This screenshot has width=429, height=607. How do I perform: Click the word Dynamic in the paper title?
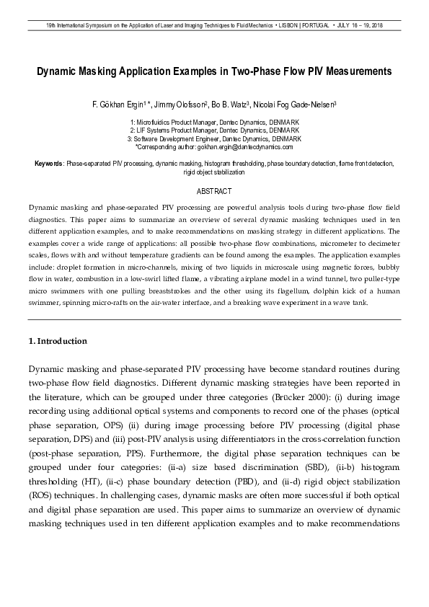(61, 72)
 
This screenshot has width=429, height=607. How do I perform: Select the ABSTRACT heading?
(214, 191)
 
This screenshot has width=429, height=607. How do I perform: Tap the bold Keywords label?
(49, 164)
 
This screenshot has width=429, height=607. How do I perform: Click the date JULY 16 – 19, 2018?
(358, 25)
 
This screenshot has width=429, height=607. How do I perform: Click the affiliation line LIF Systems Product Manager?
(214, 130)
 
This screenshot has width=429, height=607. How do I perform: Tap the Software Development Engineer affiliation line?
(214, 138)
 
